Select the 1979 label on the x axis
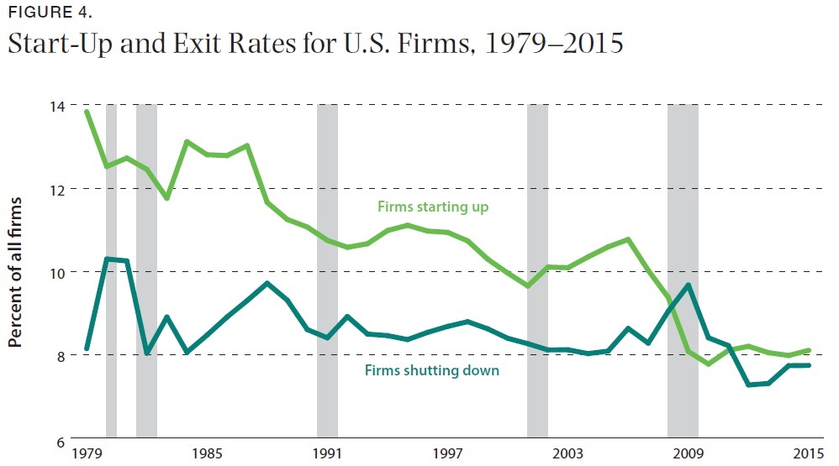87,454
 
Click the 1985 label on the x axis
207,454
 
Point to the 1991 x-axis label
327,454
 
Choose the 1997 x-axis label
448,454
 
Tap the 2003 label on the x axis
568,454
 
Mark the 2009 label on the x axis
689,454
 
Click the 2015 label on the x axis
809,454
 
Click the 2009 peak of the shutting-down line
689,285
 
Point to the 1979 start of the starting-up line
87,111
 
